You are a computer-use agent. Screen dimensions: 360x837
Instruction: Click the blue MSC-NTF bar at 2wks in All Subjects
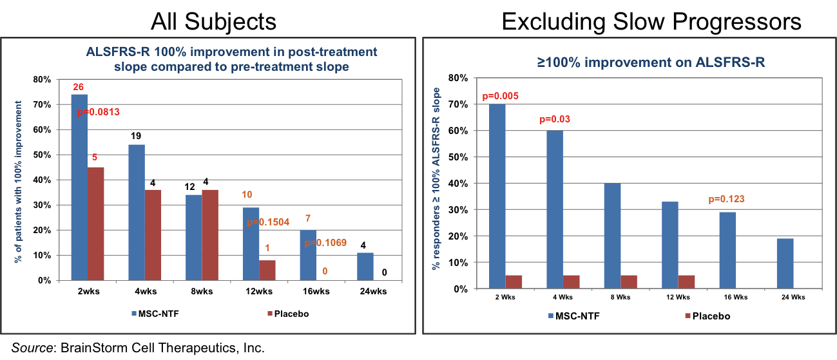[79, 187]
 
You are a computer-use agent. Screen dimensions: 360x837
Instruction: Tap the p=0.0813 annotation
[99, 113]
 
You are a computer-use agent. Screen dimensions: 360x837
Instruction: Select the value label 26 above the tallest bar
[79, 86]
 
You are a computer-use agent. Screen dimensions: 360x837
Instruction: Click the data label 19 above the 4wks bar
[137, 136]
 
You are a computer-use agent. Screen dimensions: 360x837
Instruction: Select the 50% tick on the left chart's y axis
[42, 155]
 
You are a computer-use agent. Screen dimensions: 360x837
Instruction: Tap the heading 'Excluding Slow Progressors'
[651, 21]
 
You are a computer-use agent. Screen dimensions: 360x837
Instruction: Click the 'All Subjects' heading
[213, 21]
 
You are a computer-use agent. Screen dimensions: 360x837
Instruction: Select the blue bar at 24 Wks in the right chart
[784, 263]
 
